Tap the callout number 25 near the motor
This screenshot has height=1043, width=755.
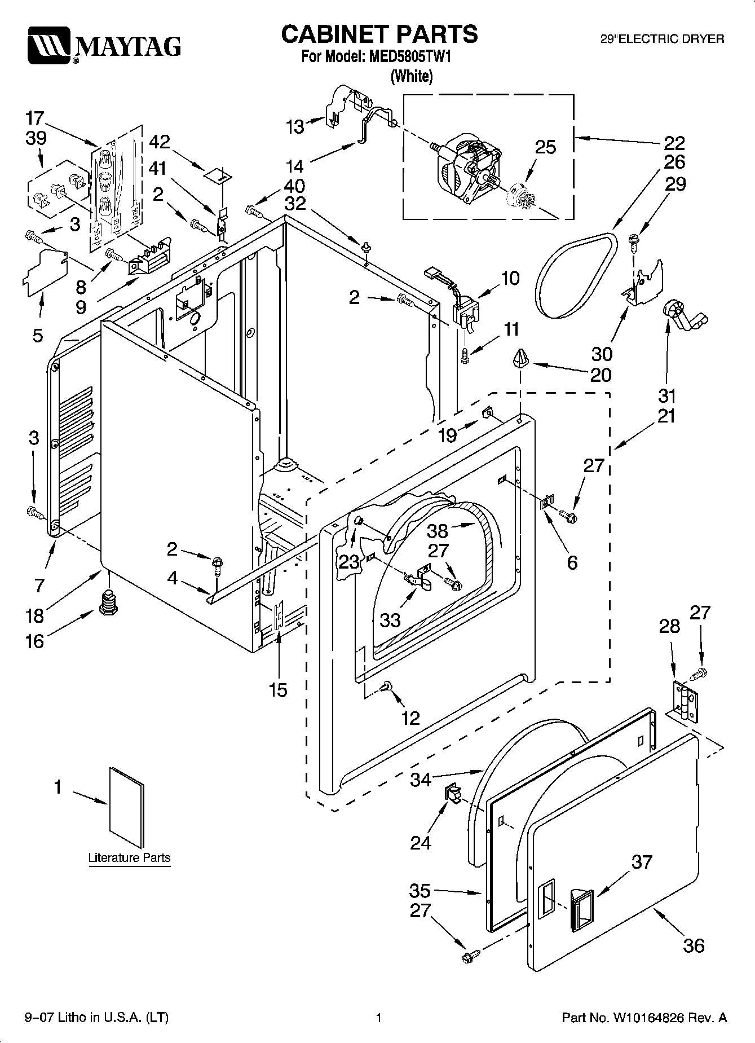tap(545, 147)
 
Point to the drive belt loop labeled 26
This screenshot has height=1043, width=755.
tap(576, 277)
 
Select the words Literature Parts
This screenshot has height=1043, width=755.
tap(129, 857)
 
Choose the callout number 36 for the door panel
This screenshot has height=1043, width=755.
tap(693, 945)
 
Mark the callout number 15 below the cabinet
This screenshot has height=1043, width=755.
tap(278, 689)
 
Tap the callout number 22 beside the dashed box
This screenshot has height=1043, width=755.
tap(674, 142)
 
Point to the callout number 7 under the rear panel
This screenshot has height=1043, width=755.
tap(39, 585)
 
